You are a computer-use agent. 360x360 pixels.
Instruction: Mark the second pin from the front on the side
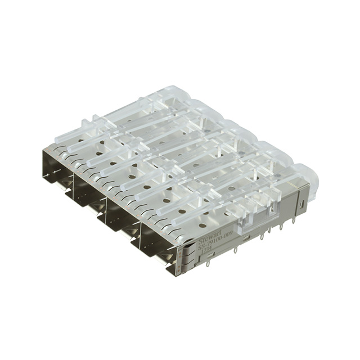[x=235, y=247]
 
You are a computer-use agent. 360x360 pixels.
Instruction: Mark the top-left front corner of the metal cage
[x=44, y=148]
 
